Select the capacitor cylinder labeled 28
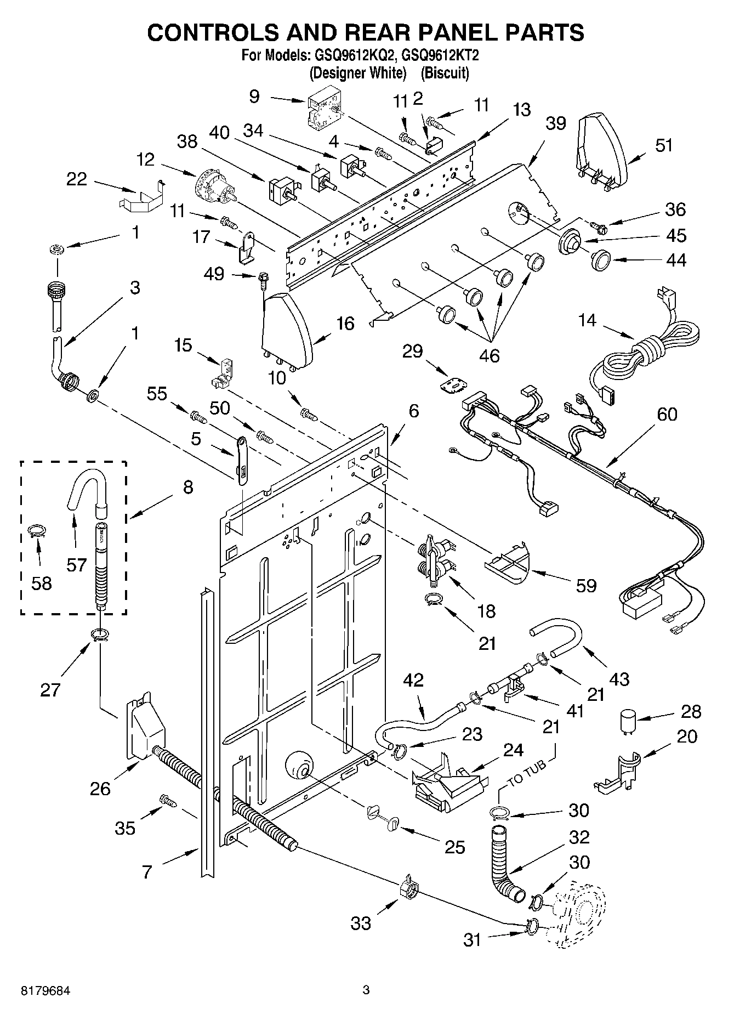pyautogui.click(x=629, y=719)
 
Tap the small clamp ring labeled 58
pyautogui.click(x=37, y=530)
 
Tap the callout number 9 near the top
pyautogui.click(x=254, y=97)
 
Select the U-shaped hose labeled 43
pyautogui.click(x=559, y=636)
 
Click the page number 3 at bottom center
pyautogui.click(x=366, y=990)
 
